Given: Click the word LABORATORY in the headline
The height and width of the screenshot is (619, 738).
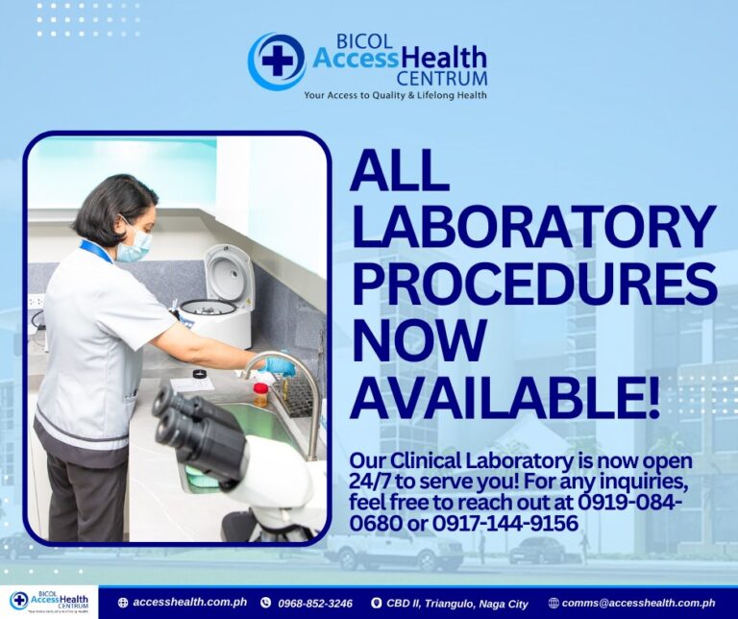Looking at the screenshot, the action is tap(533, 229).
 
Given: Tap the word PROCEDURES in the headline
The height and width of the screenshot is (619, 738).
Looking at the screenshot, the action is tap(534, 284).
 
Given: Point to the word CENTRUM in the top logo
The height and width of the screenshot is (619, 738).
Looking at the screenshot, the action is tap(441, 78).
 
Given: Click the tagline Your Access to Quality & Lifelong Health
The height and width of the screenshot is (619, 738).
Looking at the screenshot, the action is tap(395, 95).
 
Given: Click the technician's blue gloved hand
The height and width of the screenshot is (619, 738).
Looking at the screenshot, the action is tap(280, 366).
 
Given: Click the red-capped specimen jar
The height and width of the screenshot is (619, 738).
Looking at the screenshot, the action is tap(260, 394).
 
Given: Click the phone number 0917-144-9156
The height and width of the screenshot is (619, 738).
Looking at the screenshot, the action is tap(505, 524).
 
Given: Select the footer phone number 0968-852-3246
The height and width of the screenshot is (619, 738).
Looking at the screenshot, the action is tap(315, 603).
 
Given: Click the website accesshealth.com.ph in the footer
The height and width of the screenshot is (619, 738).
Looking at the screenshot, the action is tap(189, 602).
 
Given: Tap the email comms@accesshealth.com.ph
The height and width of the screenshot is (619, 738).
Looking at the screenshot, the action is tap(638, 603).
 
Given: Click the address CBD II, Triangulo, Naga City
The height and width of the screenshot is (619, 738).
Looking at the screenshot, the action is tap(457, 604).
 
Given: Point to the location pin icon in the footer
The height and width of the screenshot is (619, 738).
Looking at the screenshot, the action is tap(376, 603).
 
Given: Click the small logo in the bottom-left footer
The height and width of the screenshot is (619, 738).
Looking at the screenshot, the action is tap(49, 602).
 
